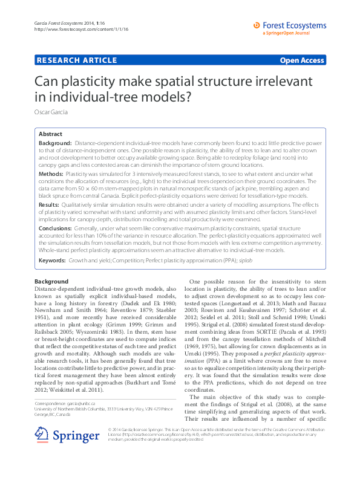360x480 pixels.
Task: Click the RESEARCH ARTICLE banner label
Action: click(77, 60)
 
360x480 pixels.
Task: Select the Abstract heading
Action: click(50, 134)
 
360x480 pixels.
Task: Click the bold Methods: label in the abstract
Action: click(51, 173)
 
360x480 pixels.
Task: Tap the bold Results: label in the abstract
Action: click(50, 205)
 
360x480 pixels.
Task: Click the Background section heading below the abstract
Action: click(51, 282)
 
